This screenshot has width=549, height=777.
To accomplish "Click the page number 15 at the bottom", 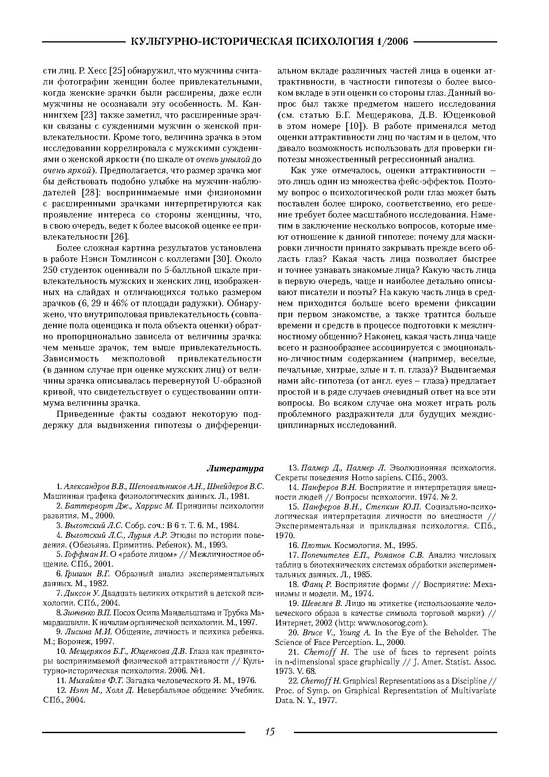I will (x=270, y=731).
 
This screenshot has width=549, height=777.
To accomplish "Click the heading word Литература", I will (x=235, y=468).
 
